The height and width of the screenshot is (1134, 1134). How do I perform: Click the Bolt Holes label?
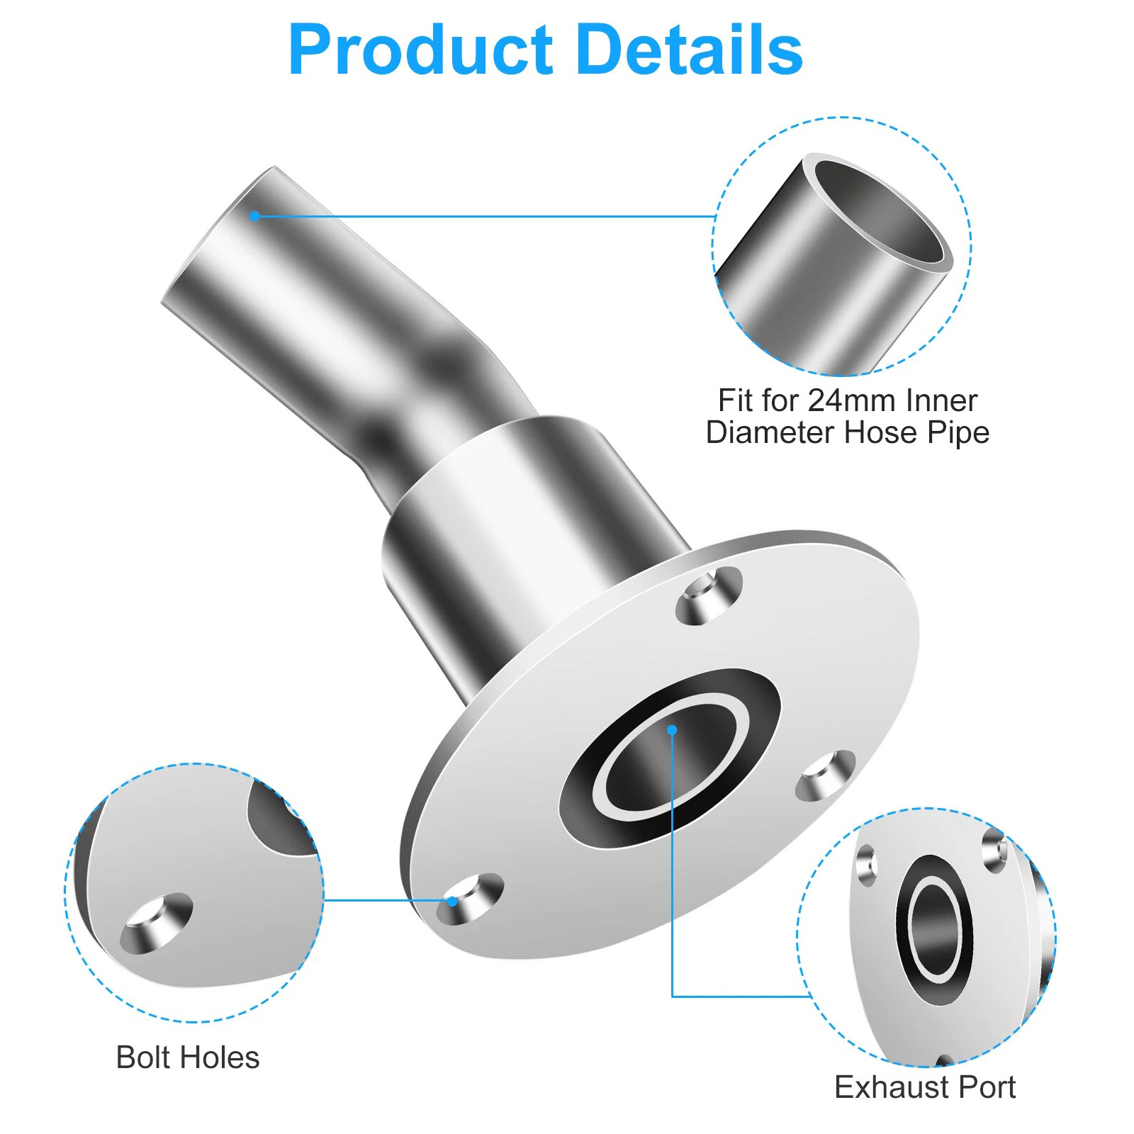(188, 1057)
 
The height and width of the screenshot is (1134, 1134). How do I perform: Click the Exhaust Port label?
(925, 1087)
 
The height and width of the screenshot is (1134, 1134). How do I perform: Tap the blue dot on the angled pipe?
(254, 215)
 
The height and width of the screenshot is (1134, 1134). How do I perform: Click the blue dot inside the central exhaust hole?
(672, 729)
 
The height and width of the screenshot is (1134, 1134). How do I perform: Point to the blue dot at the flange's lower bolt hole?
(452, 901)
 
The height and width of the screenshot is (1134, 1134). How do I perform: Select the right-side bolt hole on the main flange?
(826, 776)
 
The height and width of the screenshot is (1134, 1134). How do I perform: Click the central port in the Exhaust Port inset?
(935, 929)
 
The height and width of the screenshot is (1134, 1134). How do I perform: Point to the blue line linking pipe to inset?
(485, 215)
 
